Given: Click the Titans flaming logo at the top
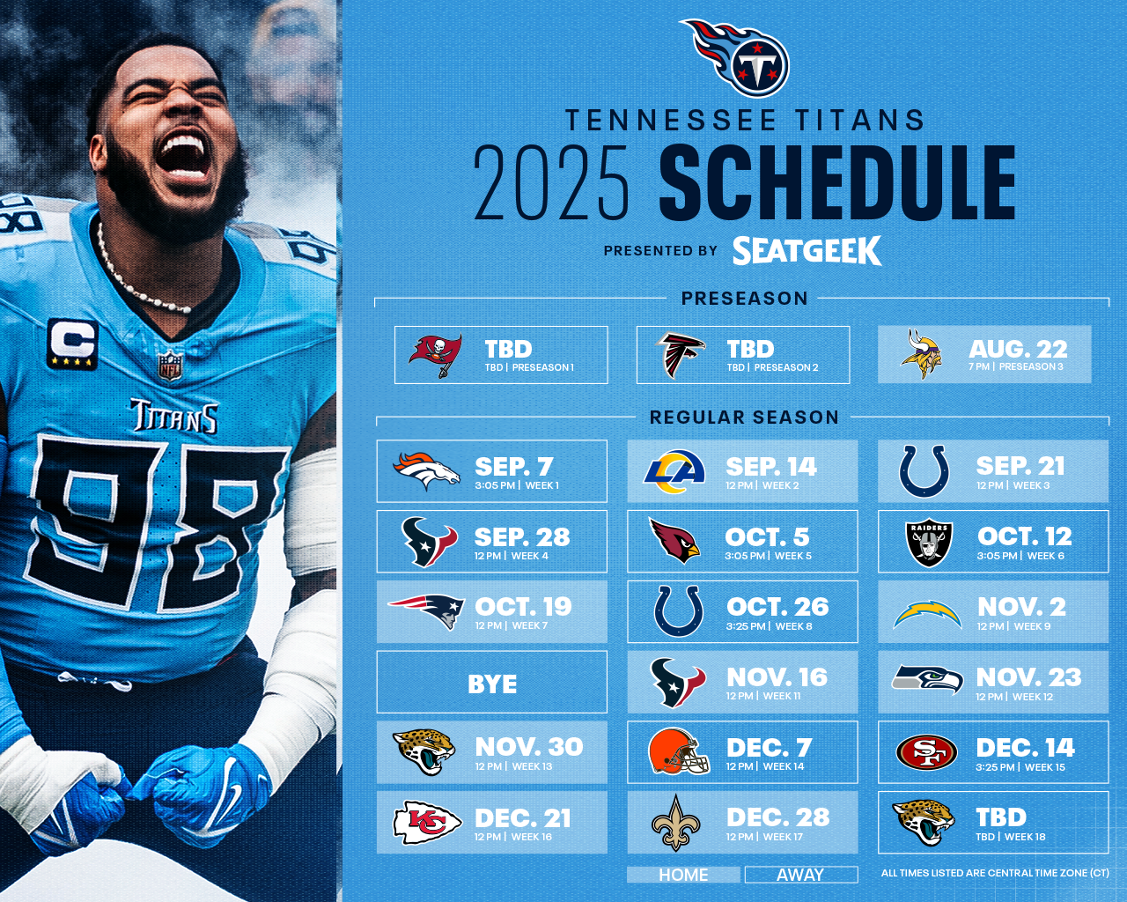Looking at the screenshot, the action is (736, 57).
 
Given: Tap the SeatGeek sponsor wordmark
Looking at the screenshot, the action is (807, 250).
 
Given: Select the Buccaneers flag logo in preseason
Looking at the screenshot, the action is (436, 355).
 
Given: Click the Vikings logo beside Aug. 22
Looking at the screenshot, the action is (922, 354).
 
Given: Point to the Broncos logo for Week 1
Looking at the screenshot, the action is (426, 470).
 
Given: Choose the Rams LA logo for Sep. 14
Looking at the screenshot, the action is (674, 470).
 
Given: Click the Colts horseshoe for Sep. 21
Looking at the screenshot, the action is (924, 470).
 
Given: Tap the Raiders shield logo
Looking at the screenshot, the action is (929, 543).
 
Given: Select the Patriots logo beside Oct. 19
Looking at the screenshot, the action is (426, 611).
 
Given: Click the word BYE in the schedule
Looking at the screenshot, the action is (492, 684).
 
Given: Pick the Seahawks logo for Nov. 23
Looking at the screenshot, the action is (927, 679).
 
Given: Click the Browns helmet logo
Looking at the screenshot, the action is (678, 751).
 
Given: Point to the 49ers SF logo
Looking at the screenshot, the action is (926, 752).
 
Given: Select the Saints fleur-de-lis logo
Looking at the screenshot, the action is (675, 823).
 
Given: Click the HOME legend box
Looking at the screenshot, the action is (683, 875).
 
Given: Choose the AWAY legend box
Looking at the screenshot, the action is (800, 875).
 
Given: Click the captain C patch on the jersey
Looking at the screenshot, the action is (73, 344).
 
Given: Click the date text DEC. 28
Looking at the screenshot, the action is (778, 817).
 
